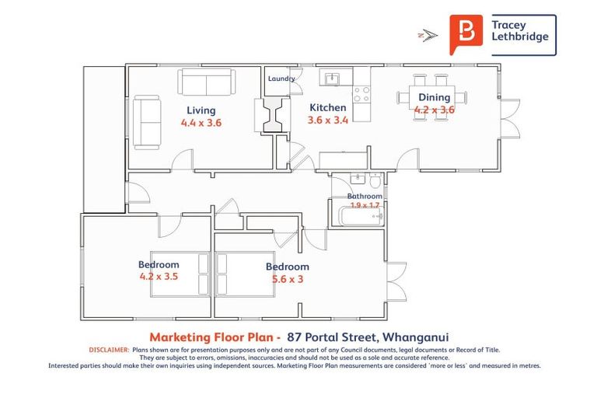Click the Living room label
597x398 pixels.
pyautogui.click(x=201, y=110)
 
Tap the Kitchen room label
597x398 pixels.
pyautogui.click(x=327, y=107)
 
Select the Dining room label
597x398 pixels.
pyautogui.click(x=434, y=97)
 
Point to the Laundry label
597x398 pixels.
pyautogui.click(x=281, y=79)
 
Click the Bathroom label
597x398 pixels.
pyautogui.click(x=365, y=197)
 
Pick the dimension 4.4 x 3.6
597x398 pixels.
pyautogui.click(x=201, y=123)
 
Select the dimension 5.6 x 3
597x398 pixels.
pyautogui.click(x=287, y=279)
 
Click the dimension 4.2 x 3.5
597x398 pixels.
pyautogui.click(x=159, y=276)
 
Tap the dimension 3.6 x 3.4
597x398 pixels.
pyautogui.click(x=328, y=120)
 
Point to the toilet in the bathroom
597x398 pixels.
pyautogui.click(x=375, y=182)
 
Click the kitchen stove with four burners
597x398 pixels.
pyautogui.click(x=361, y=95)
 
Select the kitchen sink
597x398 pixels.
pyautogui.click(x=332, y=79)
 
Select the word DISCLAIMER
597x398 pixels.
pyautogui.click(x=109, y=349)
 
